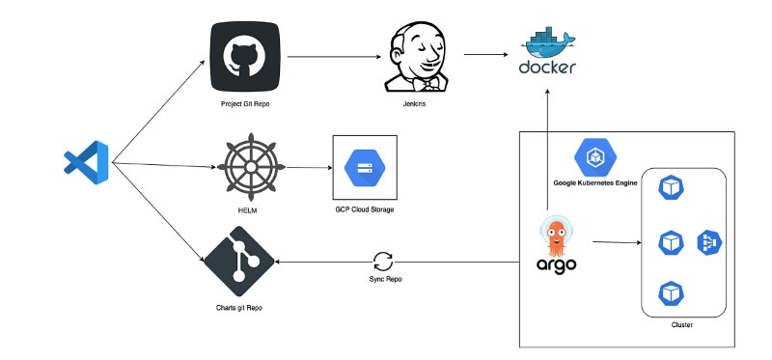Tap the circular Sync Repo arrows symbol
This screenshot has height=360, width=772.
click(383, 261)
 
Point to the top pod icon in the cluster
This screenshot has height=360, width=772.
click(670, 187)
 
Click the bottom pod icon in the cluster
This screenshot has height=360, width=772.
click(670, 291)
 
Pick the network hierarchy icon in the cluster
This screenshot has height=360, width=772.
click(709, 242)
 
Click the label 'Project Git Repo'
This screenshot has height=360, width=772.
click(245, 103)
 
